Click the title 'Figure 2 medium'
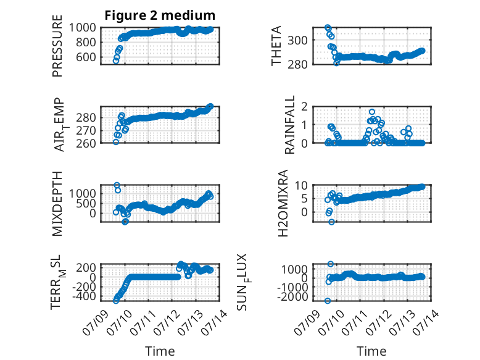click(x=160, y=15)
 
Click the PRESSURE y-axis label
click(x=57, y=46)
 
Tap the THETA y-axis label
click(x=276, y=46)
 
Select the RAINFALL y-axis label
click(x=289, y=125)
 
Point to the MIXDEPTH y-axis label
click(x=57, y=204)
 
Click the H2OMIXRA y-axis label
click(x=283, y=203)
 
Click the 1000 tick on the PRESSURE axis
click(x=82, y=28)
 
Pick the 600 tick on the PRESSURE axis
click(x=86, y=57)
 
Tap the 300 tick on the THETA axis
click(x=297, y=40)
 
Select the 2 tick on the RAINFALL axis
click(x=304, y=107)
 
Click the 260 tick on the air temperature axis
click(x=86, y=143)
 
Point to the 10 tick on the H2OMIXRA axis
click(x=301, y=185)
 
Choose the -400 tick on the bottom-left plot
click(x=84, y=296)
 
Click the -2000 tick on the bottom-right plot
click(x=292, y=296)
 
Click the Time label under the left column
click(x=160, y=351)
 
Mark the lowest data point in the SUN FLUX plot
click(x=328, y=301)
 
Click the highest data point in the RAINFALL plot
click(x=372, y=112)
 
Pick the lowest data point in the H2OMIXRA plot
click(x=331, y=222)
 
